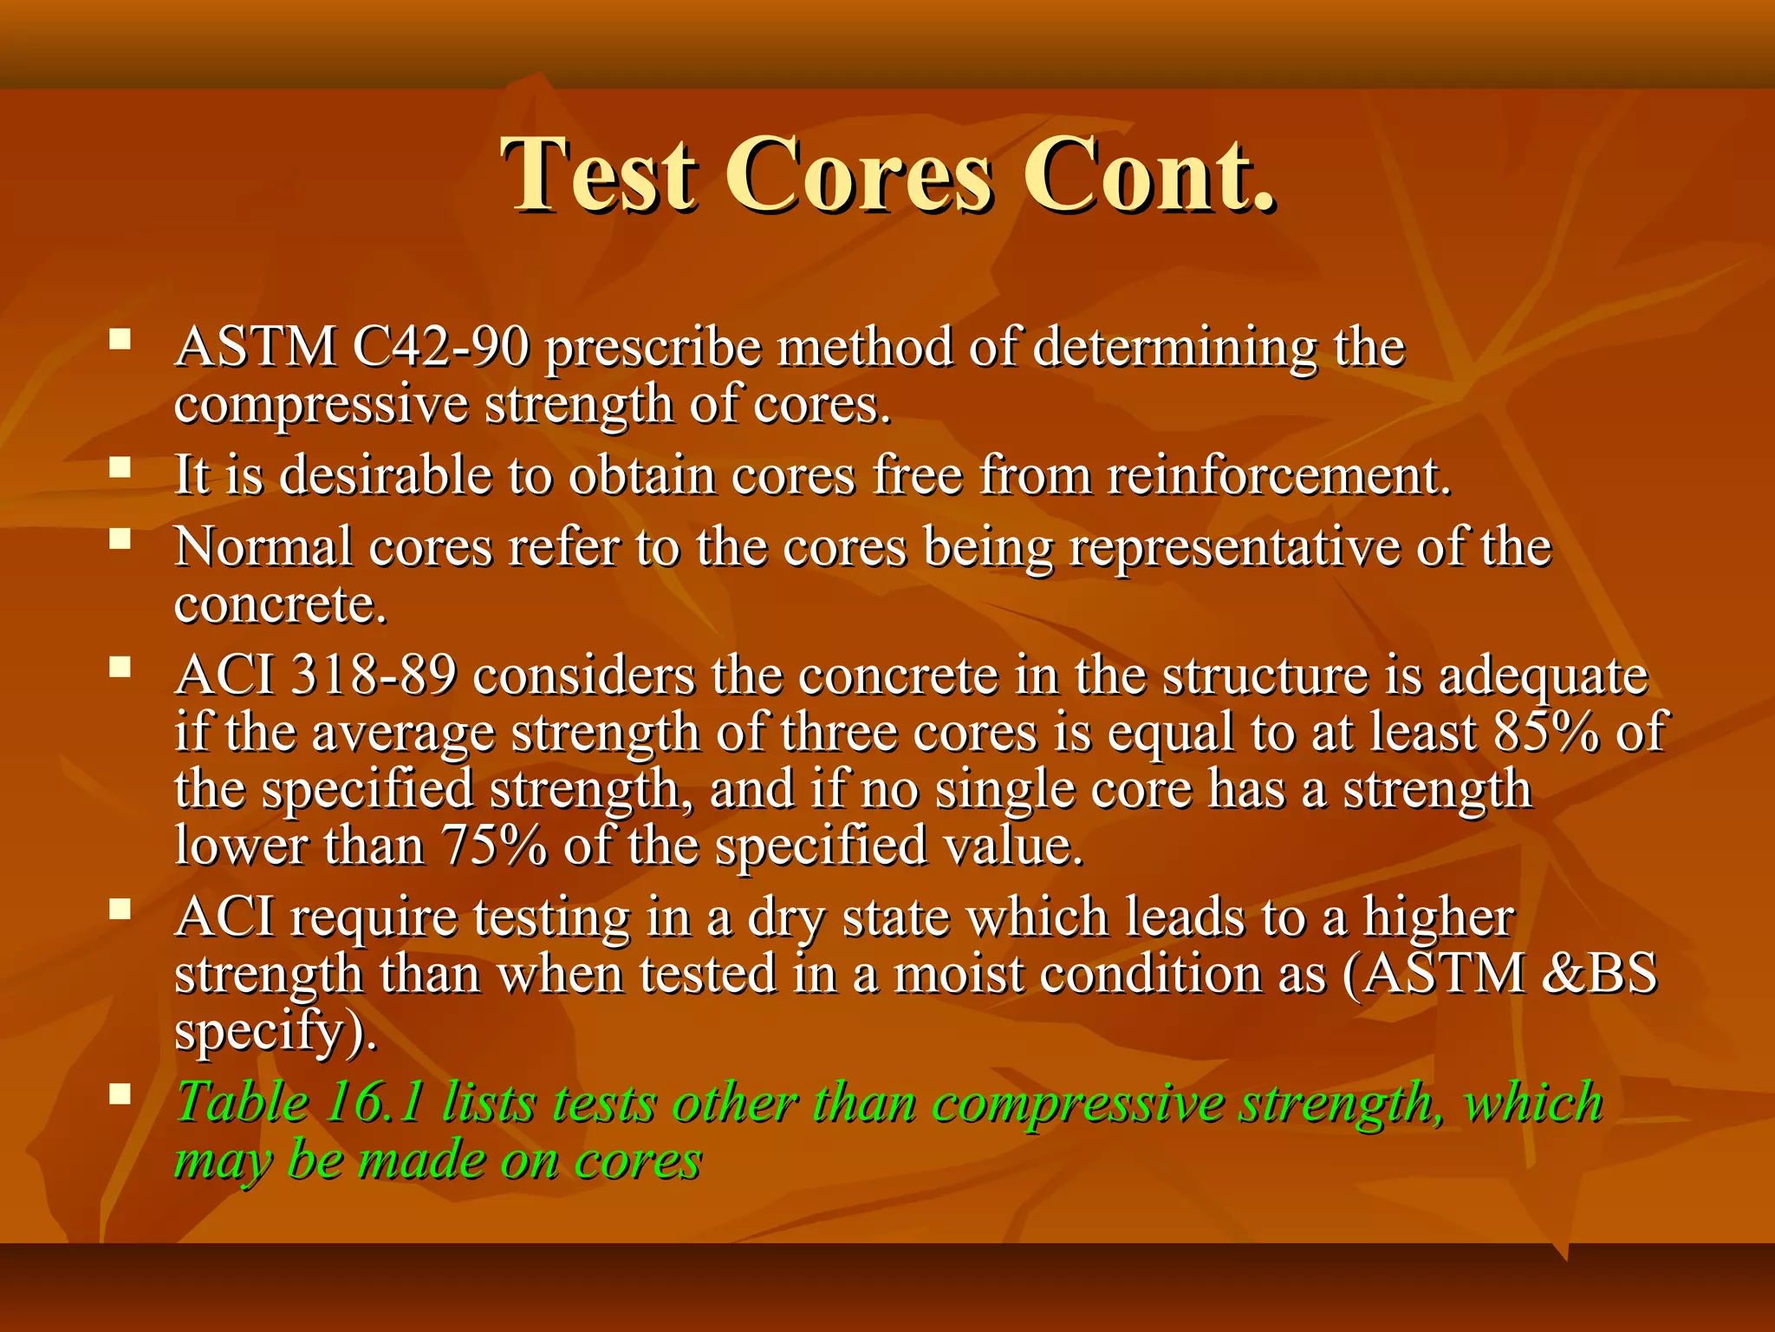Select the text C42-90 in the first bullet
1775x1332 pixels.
tap(441, 348)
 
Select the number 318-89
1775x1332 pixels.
tap(374, 676)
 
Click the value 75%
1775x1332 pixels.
tap(494, 846)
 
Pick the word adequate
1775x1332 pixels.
tap(1543, 677)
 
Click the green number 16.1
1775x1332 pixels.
tap(375, 1104)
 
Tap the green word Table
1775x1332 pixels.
tap(242, 1104)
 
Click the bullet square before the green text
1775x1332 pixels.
tap(120, 1094)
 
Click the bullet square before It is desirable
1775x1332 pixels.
tap(120, 468)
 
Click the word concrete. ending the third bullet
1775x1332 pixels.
tap(280, 604)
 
